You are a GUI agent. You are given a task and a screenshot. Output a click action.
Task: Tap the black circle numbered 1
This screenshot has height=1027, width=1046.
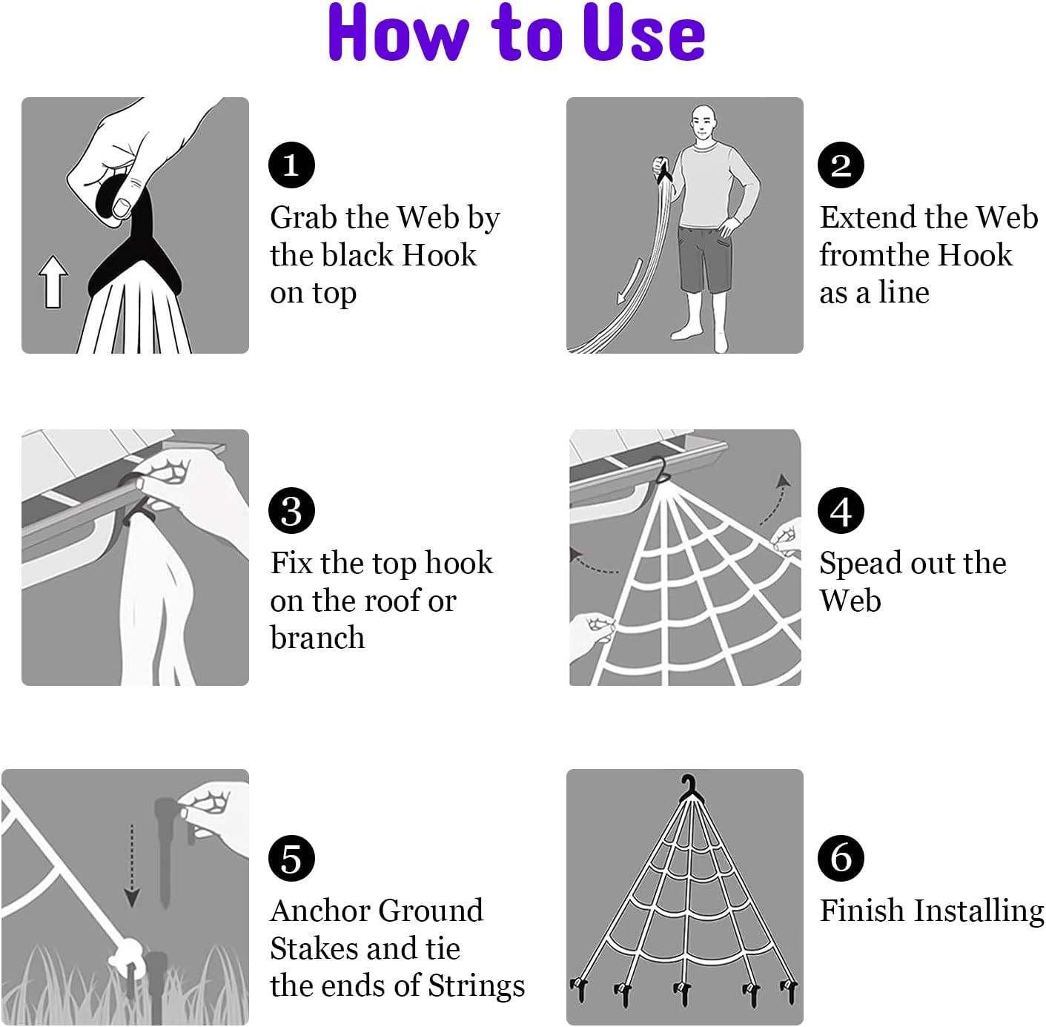(291, 165)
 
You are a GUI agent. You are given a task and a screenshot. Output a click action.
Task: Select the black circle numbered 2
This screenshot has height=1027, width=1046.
(841, 165)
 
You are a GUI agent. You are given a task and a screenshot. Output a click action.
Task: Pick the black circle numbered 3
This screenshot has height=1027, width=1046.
(291, 510)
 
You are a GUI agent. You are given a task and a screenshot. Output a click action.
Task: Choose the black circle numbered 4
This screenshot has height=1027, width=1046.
(841, 510)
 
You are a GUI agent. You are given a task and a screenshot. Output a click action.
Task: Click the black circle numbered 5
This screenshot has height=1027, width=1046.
(291, 858)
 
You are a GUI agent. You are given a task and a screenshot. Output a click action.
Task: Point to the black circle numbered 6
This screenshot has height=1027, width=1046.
(841, 858)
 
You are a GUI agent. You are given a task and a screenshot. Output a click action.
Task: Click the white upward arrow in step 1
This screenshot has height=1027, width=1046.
(53, 282)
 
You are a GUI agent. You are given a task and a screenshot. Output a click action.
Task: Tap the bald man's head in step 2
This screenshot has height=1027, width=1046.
(704, 123)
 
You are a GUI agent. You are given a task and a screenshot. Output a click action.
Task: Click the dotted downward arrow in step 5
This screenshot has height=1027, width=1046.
(132, 865)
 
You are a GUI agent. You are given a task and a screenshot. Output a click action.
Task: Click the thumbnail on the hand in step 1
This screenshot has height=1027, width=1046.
(121, 206)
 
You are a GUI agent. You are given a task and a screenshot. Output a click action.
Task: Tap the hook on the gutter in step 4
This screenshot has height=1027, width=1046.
(662, 470)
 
